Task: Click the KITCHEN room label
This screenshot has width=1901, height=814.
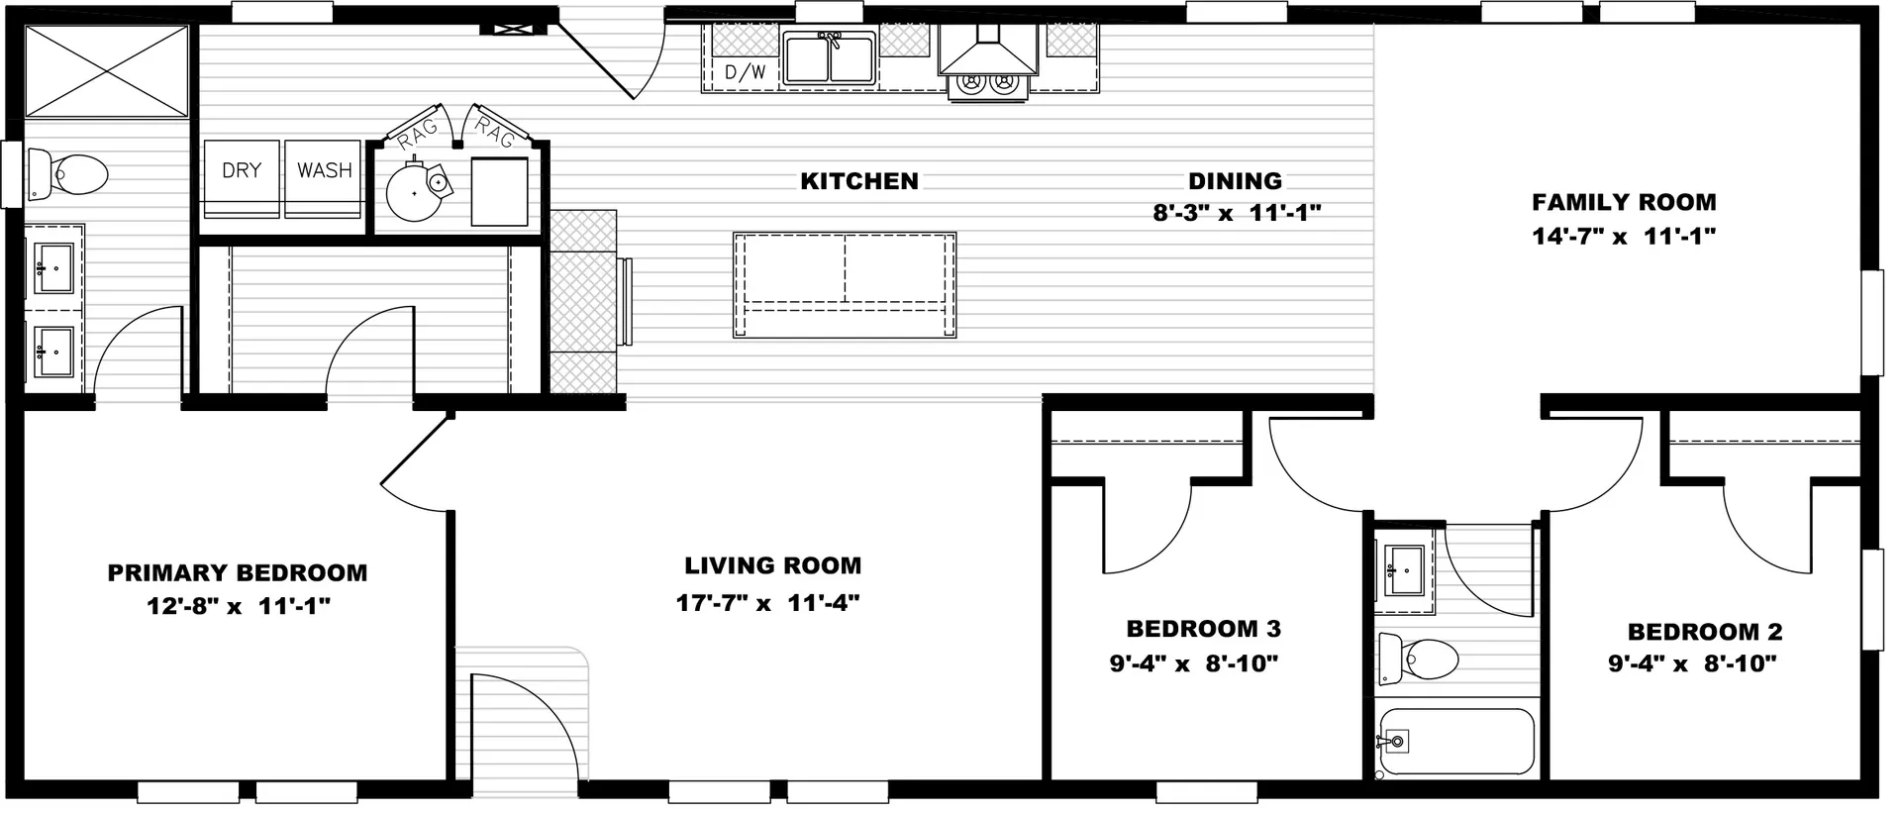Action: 859,181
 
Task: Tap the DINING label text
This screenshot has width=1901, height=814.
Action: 1235,181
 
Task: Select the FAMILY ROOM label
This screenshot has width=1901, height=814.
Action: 1624,202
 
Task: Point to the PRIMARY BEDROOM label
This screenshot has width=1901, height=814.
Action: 238,572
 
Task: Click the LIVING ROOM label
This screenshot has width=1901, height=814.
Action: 773,565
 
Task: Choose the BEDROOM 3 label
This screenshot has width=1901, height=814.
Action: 1204,629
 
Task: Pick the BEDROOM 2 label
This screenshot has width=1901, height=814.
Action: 1705,632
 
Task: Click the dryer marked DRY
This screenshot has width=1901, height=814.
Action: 242,178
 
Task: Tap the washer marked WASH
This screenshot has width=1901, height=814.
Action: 324,178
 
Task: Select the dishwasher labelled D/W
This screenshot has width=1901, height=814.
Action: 745,70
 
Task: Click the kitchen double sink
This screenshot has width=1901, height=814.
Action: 829,57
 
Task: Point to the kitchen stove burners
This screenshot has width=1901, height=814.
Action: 988,86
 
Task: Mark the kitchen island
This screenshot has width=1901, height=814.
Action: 845,285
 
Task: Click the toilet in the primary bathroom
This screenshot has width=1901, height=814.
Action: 67,174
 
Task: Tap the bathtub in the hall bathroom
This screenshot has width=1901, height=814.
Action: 1454,742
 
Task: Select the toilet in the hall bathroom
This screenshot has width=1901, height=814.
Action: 1419,658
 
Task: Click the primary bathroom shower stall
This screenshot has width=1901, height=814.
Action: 106,70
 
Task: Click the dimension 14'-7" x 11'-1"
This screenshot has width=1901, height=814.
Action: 1624,237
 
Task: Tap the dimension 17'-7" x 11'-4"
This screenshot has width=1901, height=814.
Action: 768,602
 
